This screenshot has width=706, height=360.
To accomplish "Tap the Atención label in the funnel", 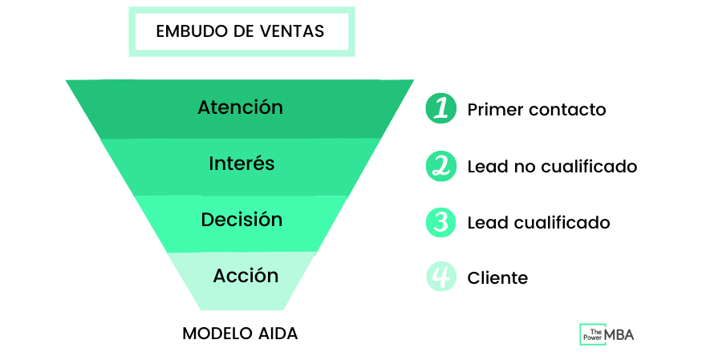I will pos(240,107).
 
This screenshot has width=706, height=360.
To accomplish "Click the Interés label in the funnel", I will pos(241,164).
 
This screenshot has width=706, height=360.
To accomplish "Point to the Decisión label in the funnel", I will pos(241,219).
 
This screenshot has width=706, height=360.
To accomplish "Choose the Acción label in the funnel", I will pos(245,276).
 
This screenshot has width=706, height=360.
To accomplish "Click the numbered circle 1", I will pos(440,108).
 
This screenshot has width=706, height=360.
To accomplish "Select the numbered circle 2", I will pos(440,166).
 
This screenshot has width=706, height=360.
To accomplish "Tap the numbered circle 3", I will pos(440,221).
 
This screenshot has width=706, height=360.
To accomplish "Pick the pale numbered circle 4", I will pos(440,277).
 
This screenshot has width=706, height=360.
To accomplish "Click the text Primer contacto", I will pos(536,110).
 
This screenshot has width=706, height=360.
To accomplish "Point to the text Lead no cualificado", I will pos(552,166).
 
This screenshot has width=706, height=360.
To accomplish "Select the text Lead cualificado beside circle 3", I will pos(538,222).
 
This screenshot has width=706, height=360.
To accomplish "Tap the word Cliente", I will pos(497,278).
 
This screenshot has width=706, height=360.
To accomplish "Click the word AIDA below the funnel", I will pos(276,334).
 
